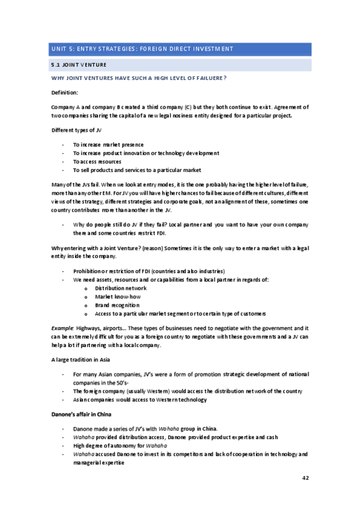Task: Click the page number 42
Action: click(x=305, y=478)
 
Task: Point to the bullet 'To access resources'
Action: click(x=97, y=162)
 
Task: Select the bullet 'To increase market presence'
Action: click(x=108, y=145)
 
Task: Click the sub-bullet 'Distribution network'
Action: click(x=120, y=288)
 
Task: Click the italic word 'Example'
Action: click(x=62, y=328)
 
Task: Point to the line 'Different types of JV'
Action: click(x=76, y=131)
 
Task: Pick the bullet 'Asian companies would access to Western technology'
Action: click(x=139, y=399)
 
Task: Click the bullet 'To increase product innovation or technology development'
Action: click(x=146, y=153)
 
